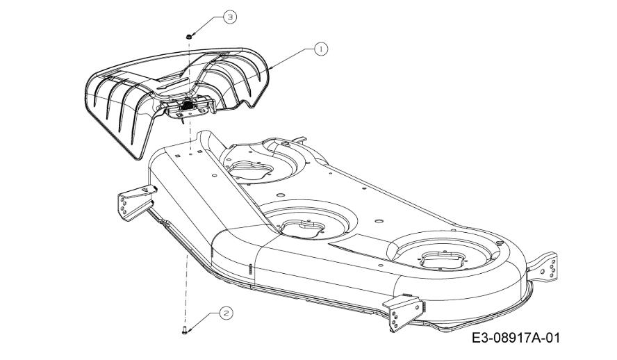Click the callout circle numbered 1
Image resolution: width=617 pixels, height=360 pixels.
pyautogui.click(x=321, y=49)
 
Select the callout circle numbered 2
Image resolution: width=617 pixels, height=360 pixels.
pyautogui.click(x=227, y=313)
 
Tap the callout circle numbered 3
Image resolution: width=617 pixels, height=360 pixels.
pyautogui.click(x=230, y=17)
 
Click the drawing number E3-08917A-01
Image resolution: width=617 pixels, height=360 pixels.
pyautogui.click(x=516, y=338)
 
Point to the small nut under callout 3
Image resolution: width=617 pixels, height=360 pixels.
pyautogui.click(x=189, y=37)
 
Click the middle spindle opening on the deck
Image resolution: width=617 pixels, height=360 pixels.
pyautogui.click(x=302, y=229)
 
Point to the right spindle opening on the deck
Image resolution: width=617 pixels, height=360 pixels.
pyautogui.click(x=443, y=261)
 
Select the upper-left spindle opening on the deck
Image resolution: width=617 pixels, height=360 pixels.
pyautogui.click(x=251, y=170)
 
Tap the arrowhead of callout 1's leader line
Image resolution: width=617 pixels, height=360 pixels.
pyautogui.click(x=270, y=69)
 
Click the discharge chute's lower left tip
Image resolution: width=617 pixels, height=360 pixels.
pyautogui.click(x=137, y=158)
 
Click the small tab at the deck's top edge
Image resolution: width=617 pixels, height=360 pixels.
pyautogui.click(x=300, y=139)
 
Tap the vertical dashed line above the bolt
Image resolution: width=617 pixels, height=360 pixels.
pyautogui.click(x=186, y=291)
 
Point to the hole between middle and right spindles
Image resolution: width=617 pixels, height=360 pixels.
pyautogui.click(x=379, y=221)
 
